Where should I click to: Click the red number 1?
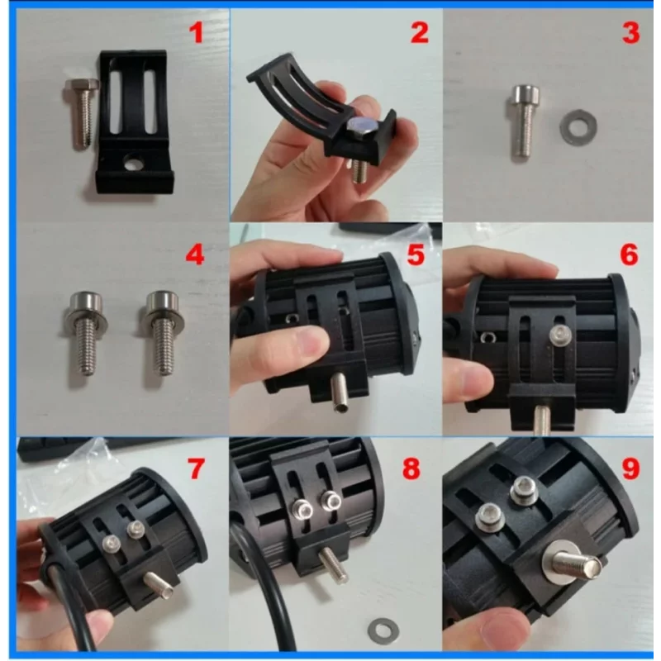[x=197, y=33]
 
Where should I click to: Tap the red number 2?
[x=420, y=33]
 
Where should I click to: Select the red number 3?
[x=630, y=33]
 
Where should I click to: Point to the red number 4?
[x=195, y=255]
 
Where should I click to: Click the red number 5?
[x=416, y=255]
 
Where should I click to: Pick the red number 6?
[x=630, y=255]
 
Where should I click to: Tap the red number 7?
[x=196, y=468]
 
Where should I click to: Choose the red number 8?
[x=411, y=468]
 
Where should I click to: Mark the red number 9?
[x=630, y=468]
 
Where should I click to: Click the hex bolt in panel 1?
[x=82, y=112]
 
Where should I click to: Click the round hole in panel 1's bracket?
[x=133, y=163]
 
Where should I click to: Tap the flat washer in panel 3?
[x=578, y=127]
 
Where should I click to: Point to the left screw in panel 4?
[x=85, y=332]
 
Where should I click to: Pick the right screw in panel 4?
[x=162, y=332]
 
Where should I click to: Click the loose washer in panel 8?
[x=383, y=631]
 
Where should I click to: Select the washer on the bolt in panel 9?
[x=561, y=563]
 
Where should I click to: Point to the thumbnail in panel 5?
[x=310, y=342]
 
